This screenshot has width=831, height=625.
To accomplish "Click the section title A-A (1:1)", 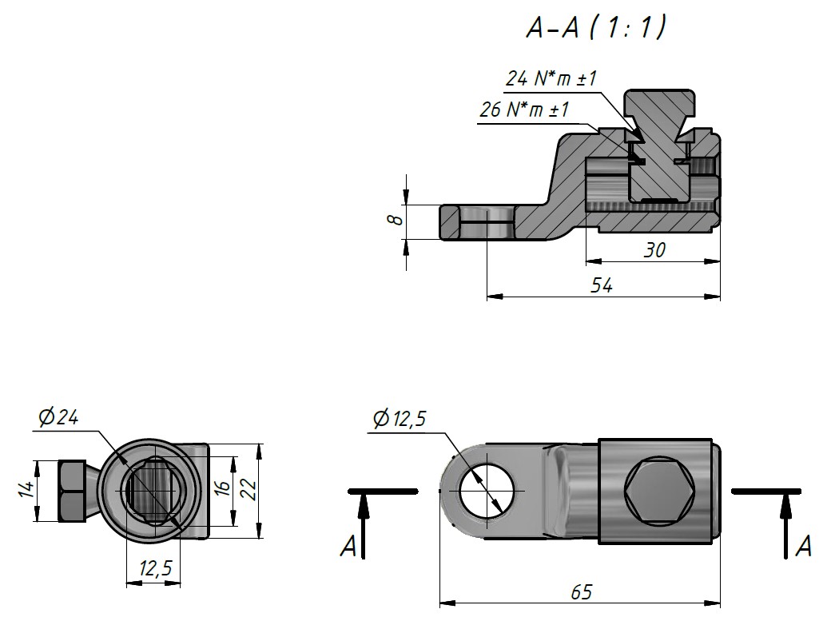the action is click(x=596, y=27).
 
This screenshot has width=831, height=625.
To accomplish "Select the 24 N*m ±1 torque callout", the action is click(x=551, y=78).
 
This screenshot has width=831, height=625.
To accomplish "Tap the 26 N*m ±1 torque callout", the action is click(x=524, y=109).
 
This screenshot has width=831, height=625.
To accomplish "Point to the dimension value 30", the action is click(x=654, y=250).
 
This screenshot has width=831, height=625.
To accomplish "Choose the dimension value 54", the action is click(x=602, y=286).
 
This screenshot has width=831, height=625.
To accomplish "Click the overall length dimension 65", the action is click(x=581, y=591).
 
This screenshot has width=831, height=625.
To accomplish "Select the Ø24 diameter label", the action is click(x=58, y=417).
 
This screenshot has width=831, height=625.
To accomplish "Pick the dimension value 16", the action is click(x=223, y=487).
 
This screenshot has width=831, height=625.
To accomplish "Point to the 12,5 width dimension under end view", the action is click(x=155, y=569).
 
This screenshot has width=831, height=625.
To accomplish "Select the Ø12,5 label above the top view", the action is click(x=400, y=419).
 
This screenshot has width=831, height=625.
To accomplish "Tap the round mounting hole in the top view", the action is click(x=487, y=490).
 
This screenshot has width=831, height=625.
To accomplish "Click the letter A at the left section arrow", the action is click(x=348, y=547).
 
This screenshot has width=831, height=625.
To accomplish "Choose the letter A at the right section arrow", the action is click(x=804, y=546).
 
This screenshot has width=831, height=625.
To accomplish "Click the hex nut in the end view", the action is click(x=72, y=491).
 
